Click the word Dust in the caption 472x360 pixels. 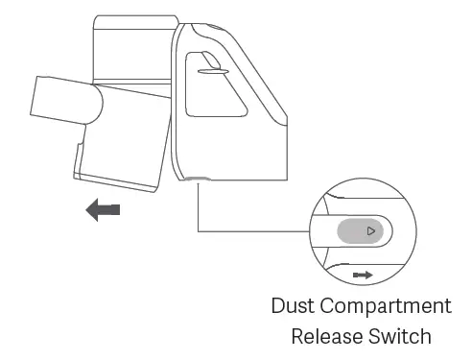(295, 308)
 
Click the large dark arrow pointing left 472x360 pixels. (102, 209)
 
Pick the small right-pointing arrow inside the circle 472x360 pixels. (363, 275)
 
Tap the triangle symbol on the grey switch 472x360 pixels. (371, 231)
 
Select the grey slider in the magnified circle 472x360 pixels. (359, 231)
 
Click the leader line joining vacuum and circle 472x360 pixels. (249, 230)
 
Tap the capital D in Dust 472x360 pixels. (279, 308)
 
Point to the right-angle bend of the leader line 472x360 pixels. (198, 230)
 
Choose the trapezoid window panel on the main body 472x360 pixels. (223, 91)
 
